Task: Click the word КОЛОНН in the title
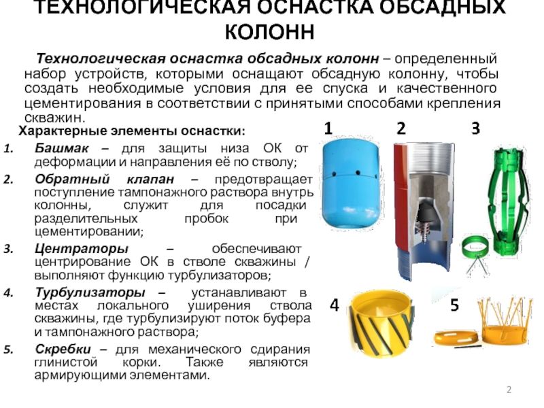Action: point(270,32)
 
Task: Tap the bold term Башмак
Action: point(62,148)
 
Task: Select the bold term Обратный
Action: point(72,180)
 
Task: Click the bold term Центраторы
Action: point(82,249)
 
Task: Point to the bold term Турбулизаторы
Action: point(90,293)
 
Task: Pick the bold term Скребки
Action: point(63,349)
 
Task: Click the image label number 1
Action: point(328,129)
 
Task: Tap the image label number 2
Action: point(401,129)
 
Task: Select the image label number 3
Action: point(475,129)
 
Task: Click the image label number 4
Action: point(335,305)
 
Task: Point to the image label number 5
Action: point(454,305)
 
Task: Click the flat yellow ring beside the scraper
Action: point(457,338)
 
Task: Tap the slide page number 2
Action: point(509,390)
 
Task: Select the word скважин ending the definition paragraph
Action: point(55,118)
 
